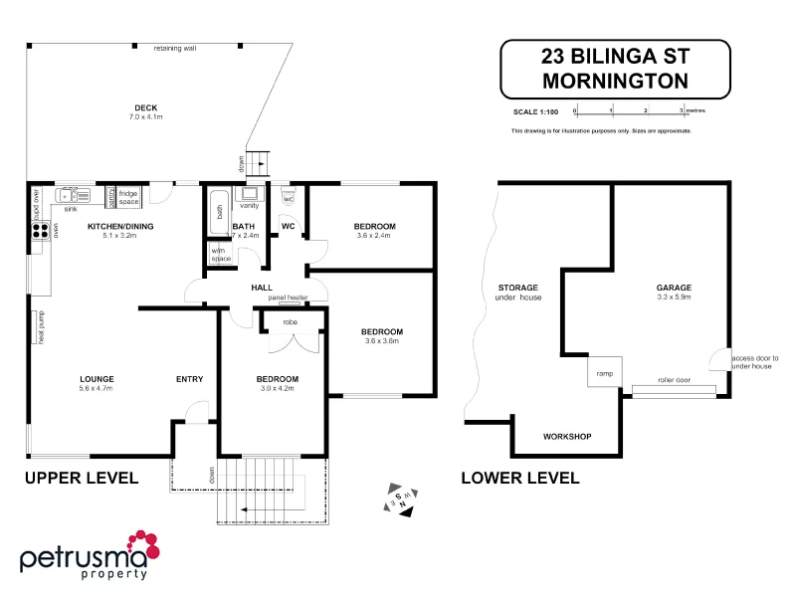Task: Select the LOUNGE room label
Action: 97,378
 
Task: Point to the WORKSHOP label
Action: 567,437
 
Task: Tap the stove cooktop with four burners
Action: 41,231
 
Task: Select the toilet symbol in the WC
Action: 289,197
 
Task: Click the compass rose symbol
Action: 401,499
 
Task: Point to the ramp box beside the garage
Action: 604,373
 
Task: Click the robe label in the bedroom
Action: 290,321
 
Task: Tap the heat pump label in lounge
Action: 42,327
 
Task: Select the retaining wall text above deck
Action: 175,48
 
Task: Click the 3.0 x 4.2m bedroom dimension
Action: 277,389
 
